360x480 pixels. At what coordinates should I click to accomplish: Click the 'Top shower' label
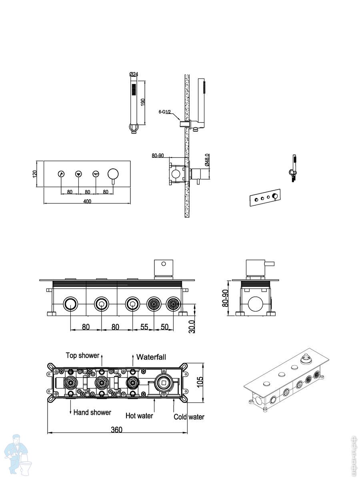[x=82, y=355]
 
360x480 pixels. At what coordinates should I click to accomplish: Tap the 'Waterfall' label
[x=151, y=357]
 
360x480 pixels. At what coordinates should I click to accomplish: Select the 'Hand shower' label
[x=92, y=412]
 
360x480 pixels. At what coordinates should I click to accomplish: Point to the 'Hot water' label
[x=139, y=416]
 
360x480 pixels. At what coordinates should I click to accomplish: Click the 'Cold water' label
[x=189, y=416]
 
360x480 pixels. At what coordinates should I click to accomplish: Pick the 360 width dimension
[x=116, y=430]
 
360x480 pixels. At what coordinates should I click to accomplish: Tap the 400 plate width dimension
[x=87, y=201]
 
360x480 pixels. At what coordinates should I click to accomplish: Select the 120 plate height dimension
[x=35, y=174]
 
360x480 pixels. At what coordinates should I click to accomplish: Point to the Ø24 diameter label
[x=134, y=74]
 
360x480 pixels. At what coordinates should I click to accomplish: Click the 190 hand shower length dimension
[x=142, y=102]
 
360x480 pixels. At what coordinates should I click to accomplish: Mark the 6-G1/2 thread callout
[x=164, y=112]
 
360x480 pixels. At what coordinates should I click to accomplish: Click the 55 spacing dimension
[x=144, y=327]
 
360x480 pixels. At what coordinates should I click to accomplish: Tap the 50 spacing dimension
[x=164, y=327]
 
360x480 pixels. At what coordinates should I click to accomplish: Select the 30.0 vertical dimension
[x=192, y=327]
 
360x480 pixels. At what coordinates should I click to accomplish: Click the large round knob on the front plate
[x=113, y=174]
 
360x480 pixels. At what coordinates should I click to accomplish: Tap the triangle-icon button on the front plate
[x=78, y=174]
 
